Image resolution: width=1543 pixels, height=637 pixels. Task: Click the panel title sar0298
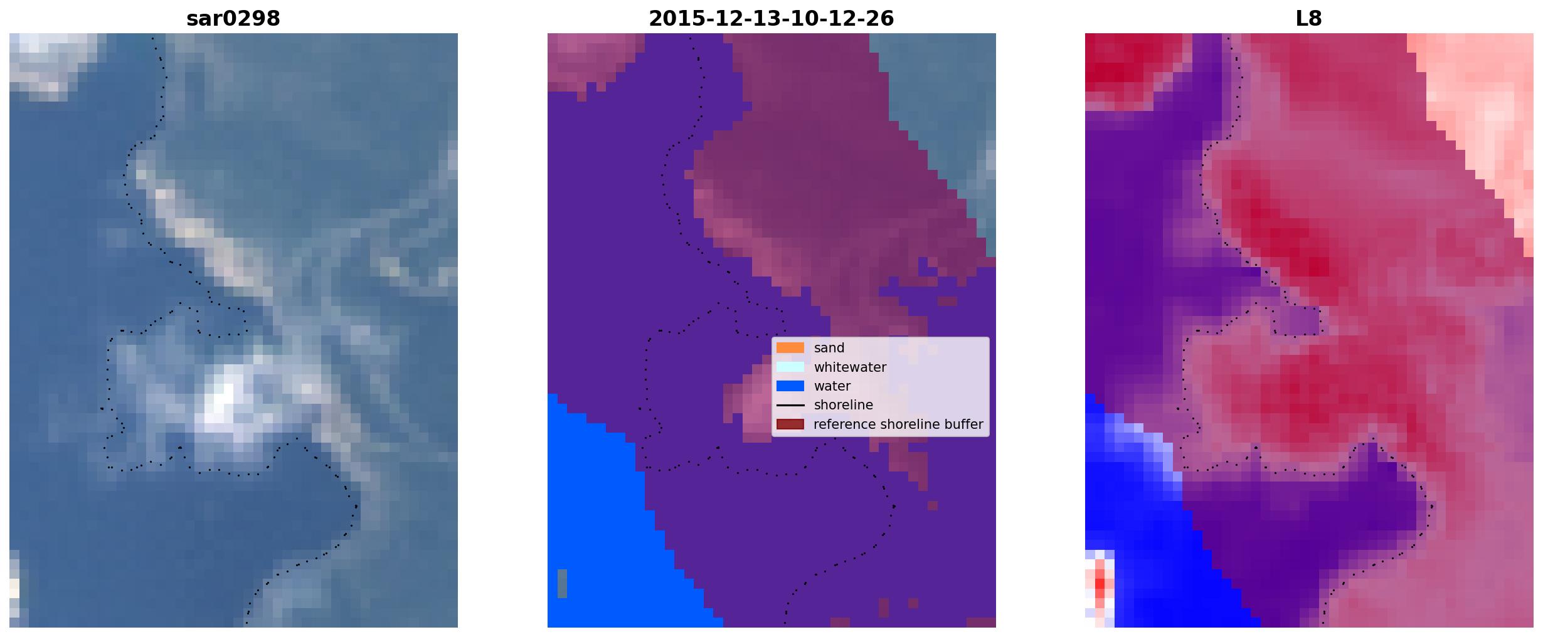pos(233,19)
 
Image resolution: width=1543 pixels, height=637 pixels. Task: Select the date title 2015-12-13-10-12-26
pos(771,19)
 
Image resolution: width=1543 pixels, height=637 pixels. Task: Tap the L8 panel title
pos(1308,19)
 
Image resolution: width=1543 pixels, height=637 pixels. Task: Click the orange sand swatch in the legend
pos(790,348)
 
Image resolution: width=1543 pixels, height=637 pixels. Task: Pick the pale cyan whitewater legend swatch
pos(790,367)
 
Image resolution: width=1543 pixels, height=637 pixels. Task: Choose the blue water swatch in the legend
pos(790,386)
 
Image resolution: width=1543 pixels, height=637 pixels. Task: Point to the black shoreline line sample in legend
pos(790,406)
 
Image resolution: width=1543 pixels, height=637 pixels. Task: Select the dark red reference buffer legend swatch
pos(790,424)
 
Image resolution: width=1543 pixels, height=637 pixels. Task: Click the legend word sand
pos(829,348)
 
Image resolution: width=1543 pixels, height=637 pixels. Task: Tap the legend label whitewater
pos(850,367)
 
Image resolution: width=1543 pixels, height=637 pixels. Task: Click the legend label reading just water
pos(832,386)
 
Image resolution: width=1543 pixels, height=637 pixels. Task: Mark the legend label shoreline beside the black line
pos(844,405)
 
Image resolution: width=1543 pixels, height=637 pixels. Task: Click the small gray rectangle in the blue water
pos(562,584)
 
